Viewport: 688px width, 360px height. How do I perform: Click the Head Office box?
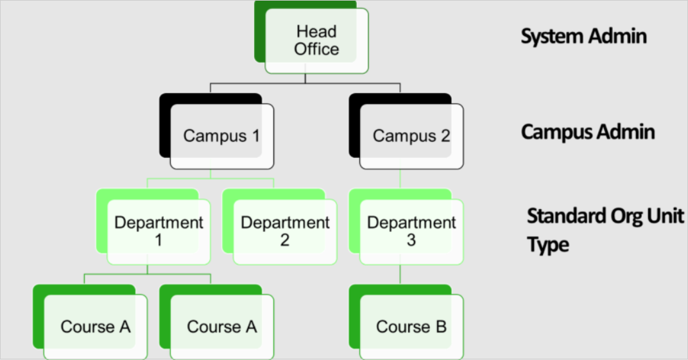pyautogui.click(x=317, y=40)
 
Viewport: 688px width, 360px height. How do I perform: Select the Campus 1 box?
pyautogui.click(x=221, y=136)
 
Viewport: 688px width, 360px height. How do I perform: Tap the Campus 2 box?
pyautogui.click(x=411, y=136)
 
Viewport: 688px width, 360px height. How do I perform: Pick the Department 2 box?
pyautogui.click(x=285, y=231)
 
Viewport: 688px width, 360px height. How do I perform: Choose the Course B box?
pyautogui.click(x=411, y=327)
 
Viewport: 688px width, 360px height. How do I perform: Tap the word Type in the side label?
pyautogui.click(x=548, y=244)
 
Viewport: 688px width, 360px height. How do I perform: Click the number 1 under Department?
pyautogui.click(x=159, y=241)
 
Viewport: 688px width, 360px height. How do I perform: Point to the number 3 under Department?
pyautogui.click(x=411, y=241)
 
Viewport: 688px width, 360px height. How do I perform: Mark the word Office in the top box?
pyautogui.click(x=317, y=49)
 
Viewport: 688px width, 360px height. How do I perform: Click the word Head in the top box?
pyautogui.click(x=317, y=31)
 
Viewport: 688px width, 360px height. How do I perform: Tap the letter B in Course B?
pyautogui.click(x=440, y=327)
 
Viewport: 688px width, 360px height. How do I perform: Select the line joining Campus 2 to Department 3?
pyautogui.click(x=400, y=179)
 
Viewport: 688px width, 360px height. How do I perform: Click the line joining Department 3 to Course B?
pyautogui.click(x=400, y=274)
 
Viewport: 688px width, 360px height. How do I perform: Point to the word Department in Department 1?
pyautogui.click(x=159, y=223)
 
